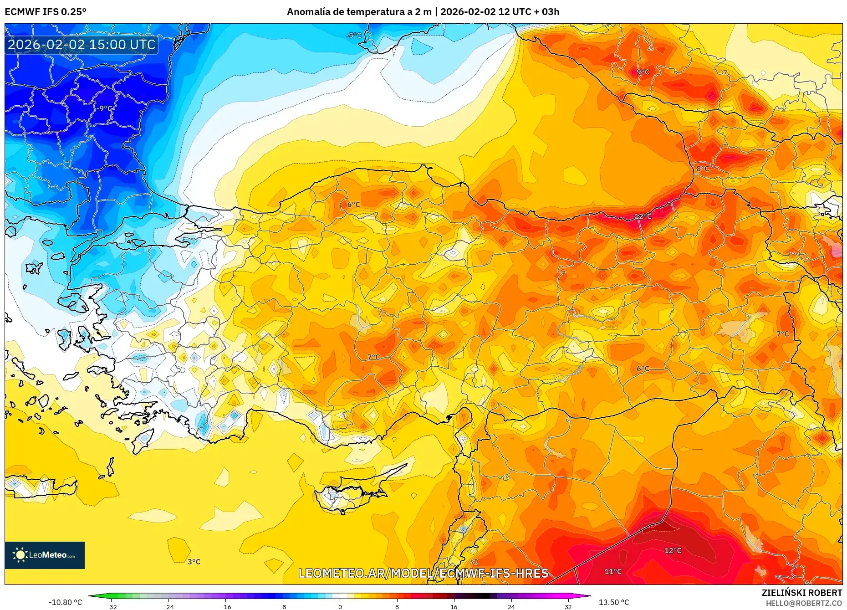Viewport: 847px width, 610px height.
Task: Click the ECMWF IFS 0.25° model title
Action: coord(46,11)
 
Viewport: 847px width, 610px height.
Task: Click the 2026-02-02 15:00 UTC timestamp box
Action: coord(82,45)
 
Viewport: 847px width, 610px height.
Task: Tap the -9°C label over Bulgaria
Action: coord(104,108)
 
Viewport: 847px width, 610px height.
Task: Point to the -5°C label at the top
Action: coord(353,36)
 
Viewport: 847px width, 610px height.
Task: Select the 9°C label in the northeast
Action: coord(643,72)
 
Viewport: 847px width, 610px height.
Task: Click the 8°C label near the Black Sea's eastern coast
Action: coord(702,169)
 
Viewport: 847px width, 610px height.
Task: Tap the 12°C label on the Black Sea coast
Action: coord(643,216)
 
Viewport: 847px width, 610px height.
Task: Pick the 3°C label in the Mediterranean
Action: coord(194,562)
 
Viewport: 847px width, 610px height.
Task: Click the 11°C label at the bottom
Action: coord(613,571)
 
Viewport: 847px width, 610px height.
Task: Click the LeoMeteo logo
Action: coord(45,555)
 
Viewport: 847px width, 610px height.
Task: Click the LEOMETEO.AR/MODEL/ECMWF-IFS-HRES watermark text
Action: coord(423,573)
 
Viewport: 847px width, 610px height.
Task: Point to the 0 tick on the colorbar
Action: coord(340,606)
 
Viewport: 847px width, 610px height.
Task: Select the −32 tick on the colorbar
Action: coord(112,606)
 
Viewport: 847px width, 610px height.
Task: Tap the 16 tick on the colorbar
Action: coord(454,606)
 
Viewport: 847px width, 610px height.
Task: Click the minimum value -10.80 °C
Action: coord(66,602)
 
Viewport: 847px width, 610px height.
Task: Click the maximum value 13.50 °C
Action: coord(613,602)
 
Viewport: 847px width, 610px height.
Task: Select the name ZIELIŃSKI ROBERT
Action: coord(801,593)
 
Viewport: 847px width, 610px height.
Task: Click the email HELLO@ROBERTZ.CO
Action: coord(803,603)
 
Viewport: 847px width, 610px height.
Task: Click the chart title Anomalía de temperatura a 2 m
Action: coord(359,11)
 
